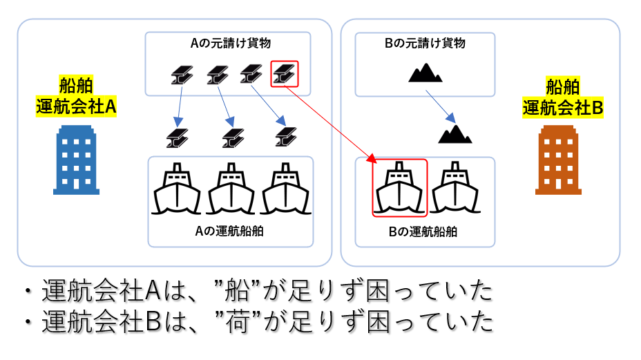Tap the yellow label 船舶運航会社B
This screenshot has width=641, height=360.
[563, 97]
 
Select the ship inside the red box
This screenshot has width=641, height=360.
[399, 188]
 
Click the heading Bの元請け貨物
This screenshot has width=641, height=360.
[425, 43]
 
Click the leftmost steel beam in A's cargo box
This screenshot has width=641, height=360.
[182, 75]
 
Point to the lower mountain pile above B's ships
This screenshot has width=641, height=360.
[455, 133]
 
